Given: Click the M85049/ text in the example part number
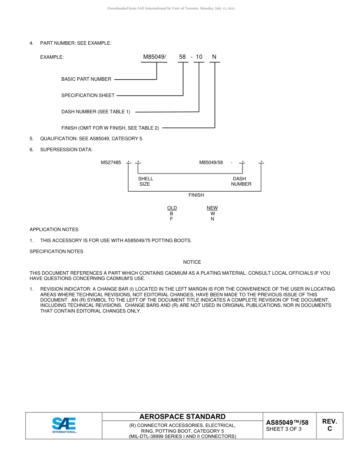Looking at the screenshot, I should tap(154, 57).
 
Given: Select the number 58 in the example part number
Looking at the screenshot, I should tap(182, 57).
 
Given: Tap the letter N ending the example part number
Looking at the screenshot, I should tap(214, 57).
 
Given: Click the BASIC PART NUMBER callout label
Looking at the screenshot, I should tap(86, 79).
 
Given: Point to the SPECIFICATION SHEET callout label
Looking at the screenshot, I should tap(88, 95).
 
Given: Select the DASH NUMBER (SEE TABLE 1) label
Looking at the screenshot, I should tap(96, 112).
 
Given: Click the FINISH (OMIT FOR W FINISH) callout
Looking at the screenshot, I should tap(110, 128).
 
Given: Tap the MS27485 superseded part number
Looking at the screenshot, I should tap(111, 163).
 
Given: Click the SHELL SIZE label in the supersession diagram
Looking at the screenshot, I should tap(146, 181).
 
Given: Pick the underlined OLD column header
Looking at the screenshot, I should tap(172, 208).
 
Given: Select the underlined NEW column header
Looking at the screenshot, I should tap(212, 208).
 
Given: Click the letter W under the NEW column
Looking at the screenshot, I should tap(213, 213).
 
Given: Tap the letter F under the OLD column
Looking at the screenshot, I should tap(172, 219).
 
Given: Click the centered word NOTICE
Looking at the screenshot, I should tap(192, 262).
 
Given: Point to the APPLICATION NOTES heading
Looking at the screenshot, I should tap(54, 230).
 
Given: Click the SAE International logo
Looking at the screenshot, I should tap(64, 425).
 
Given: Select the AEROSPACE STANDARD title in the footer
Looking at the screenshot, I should tap(182, 417).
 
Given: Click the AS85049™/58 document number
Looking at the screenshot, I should tap(287, 422).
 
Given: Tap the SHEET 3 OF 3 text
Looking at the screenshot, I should tap(284, 429).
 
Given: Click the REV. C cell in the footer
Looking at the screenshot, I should tap(330, 425).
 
